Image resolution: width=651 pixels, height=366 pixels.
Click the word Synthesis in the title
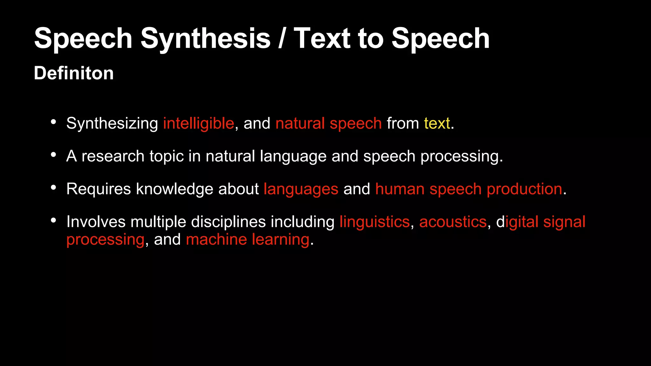(205, 38)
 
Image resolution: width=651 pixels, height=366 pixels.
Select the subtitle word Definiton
(74, 73)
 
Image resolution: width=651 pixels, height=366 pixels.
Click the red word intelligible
(199, 123)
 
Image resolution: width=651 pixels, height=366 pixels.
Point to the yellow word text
(437, 123)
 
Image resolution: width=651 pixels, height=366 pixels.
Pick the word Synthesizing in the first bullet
(112, 123)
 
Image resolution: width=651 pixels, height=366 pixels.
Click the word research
(113, 156)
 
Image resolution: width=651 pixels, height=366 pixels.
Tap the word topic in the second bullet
(167, 156)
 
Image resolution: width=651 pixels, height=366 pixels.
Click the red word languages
(301, 189)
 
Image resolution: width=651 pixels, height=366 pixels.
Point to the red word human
(400, 189)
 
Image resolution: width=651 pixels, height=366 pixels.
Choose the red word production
(524, 189)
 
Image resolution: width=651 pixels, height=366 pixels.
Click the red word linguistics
(375, 222)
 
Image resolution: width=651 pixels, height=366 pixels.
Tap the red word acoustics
(453, 222)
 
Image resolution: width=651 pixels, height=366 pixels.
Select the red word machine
(216, 239)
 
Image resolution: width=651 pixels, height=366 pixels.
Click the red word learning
(281, 240)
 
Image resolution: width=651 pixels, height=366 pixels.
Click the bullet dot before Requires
(53, 187)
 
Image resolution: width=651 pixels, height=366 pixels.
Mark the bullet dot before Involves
(53, 220)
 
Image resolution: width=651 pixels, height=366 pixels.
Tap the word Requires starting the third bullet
(99, 189)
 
